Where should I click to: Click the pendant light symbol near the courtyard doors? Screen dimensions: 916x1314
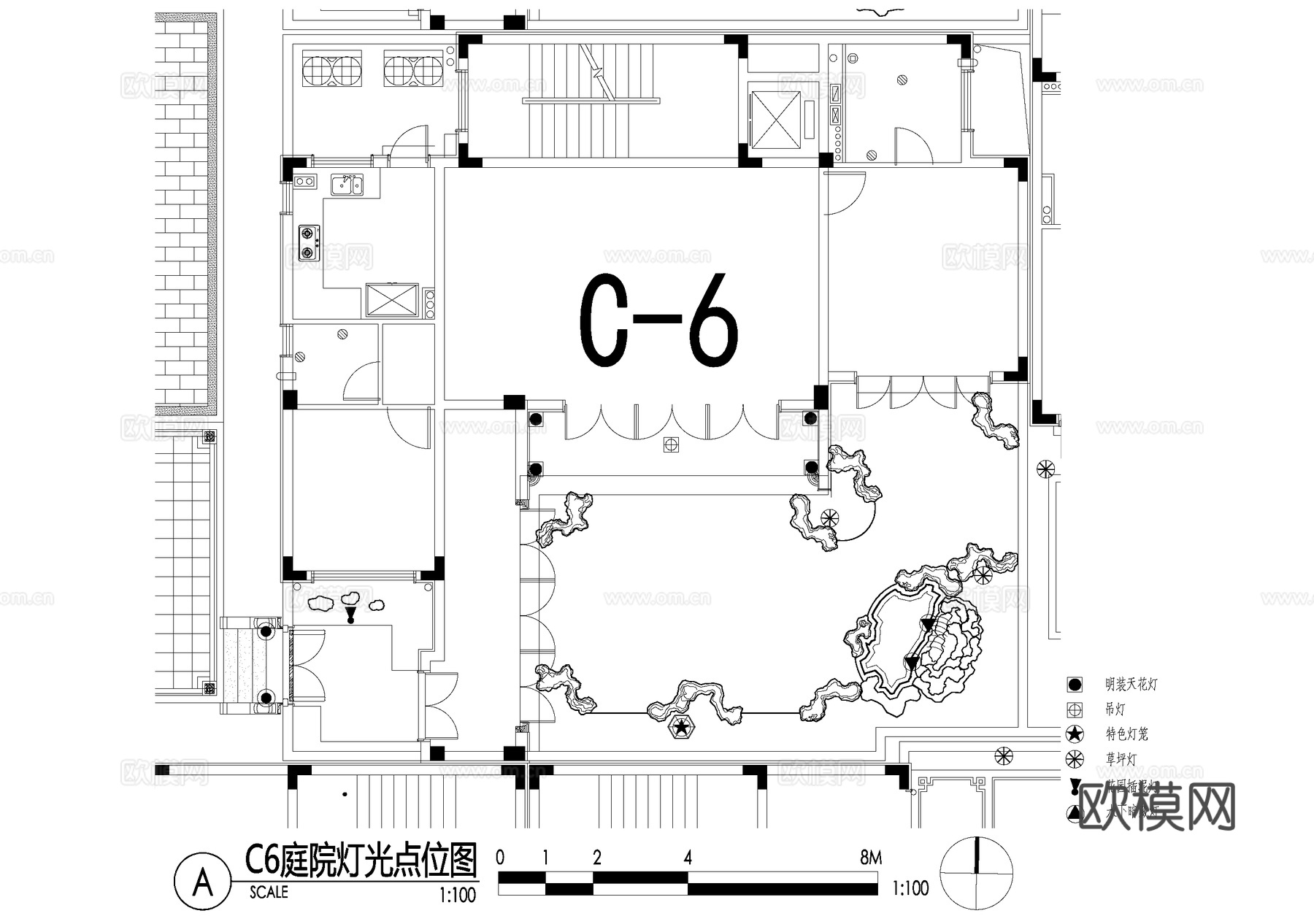670,444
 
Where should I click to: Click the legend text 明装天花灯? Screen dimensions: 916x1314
1131,685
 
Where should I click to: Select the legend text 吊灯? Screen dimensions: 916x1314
1115,709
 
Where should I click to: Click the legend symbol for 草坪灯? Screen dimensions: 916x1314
1074,759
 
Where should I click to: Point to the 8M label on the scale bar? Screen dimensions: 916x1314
870,858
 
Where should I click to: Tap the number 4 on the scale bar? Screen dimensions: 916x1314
688,858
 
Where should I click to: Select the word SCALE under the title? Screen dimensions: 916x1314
269,892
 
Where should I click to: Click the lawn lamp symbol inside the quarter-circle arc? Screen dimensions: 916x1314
830,517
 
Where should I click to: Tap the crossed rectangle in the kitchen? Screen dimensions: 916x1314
392,299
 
